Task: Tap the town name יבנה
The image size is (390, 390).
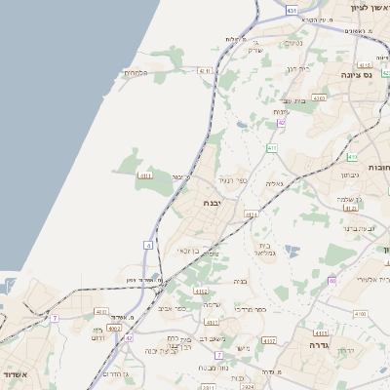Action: tap(211, 202)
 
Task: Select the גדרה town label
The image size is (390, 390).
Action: tap(322, 346)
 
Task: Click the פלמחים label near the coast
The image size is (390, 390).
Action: tap(135, 73)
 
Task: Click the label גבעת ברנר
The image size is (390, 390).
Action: tap(359, 228)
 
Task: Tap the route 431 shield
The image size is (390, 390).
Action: tap(292, 8)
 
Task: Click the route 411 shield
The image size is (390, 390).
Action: tap(272, 148)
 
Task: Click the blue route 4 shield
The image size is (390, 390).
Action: tap(148, 245)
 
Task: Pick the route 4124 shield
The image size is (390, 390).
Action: tap(252, 214)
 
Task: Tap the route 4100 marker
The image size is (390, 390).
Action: tap(361, 314)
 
